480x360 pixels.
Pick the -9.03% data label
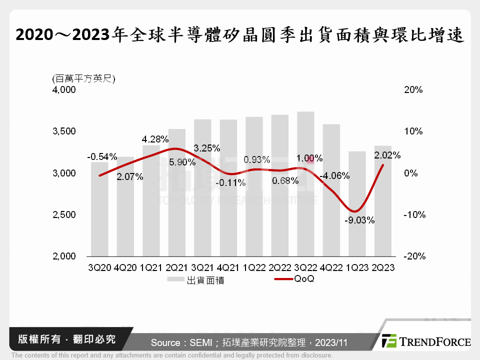(359, 220)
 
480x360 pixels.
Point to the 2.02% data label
(387, 155)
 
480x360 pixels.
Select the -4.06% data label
(335, 176)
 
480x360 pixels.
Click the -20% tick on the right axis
(413, 256)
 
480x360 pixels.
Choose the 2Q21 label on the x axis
(177, 268)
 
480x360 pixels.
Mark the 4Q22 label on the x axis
(331, 268)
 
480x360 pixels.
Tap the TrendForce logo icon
(389, 341)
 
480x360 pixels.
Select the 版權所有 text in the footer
(36, 339)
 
